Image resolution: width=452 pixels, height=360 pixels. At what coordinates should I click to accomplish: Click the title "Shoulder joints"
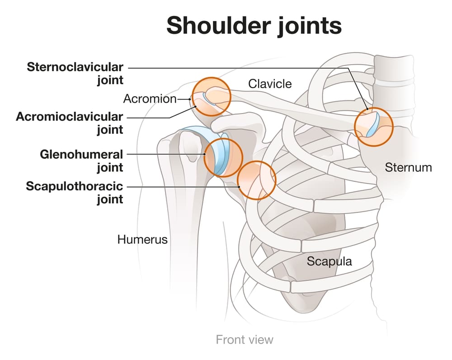(x=254, y=26)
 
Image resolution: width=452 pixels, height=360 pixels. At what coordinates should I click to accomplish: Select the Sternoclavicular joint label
(x=75, y=73)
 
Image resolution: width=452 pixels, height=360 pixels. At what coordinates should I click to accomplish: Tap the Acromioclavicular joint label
(x=70, y=123)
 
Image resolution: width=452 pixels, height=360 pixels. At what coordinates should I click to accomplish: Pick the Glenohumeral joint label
(x=81, y=161)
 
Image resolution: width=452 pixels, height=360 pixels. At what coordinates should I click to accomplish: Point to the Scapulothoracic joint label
(x=75, y=192)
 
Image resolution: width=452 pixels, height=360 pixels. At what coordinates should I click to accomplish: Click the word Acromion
(x=150, y=99)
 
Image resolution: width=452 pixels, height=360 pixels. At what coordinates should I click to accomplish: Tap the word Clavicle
(x=270, y=84)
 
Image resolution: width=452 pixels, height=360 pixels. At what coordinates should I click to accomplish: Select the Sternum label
(x=408, y=167)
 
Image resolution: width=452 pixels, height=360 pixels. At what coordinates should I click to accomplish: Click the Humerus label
(x=142, y=239)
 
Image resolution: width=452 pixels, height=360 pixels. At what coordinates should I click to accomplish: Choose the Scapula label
(x=329, y=261)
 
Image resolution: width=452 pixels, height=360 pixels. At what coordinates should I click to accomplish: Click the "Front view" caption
(x=245, y=340)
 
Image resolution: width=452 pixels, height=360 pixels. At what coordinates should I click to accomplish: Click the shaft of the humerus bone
(x=184, y=231)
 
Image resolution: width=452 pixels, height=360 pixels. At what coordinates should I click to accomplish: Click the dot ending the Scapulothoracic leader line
(x=239, y=187)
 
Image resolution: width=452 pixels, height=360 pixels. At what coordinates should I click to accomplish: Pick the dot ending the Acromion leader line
(x=190, y=99)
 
